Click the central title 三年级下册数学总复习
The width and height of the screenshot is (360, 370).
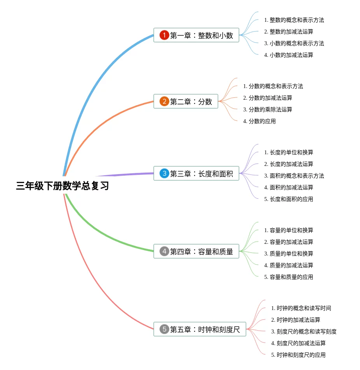coord(63,186)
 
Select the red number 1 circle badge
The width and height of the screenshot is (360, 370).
coord(164,35)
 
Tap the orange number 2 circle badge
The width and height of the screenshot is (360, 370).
coord(164,102)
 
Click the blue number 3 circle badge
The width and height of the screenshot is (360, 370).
coord(164,173)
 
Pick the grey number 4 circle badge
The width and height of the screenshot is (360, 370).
coord(164,251)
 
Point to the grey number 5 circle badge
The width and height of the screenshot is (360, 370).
coord(164,329)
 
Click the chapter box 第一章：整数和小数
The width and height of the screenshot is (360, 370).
coord(196,35)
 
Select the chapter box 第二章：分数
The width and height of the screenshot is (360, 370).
coord(186,102)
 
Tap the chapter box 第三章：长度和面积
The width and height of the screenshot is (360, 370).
coord(196,173)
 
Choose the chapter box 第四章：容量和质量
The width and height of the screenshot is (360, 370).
coord(196,251)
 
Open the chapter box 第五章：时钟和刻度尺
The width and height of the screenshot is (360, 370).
coord(200,329)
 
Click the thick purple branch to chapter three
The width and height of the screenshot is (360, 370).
coord(125,174)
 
